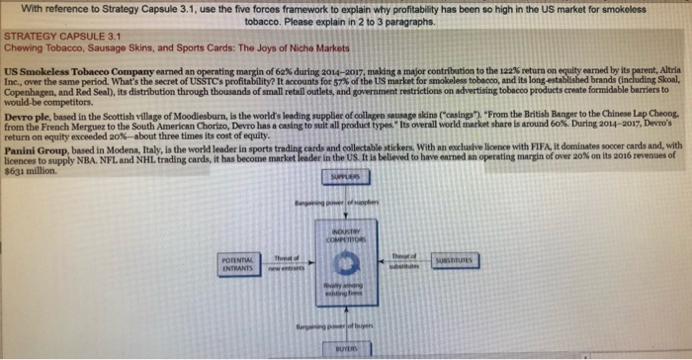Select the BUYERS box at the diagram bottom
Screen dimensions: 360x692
click(x=345, y=349)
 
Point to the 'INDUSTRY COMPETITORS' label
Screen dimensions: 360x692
click(x=345, y=235)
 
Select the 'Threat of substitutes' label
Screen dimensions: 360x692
click(x=404, y=258)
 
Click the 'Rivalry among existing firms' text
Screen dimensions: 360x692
click(x=345, y=289)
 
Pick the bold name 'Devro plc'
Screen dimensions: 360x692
click(x=29, y=117)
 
